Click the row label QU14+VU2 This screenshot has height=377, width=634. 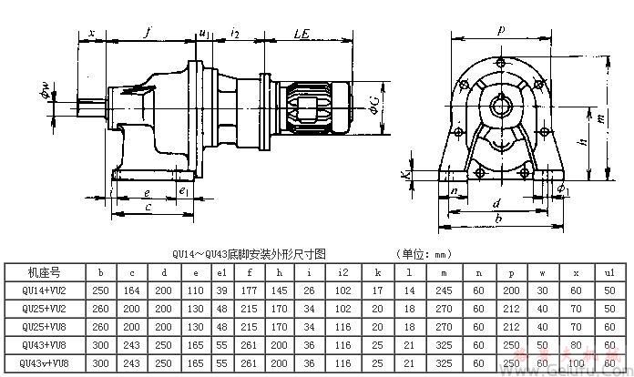(45, 289)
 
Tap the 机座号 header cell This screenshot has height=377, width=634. (45, 270)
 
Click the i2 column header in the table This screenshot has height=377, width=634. (342, 270)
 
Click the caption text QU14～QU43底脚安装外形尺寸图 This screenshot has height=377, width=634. (249, 254)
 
